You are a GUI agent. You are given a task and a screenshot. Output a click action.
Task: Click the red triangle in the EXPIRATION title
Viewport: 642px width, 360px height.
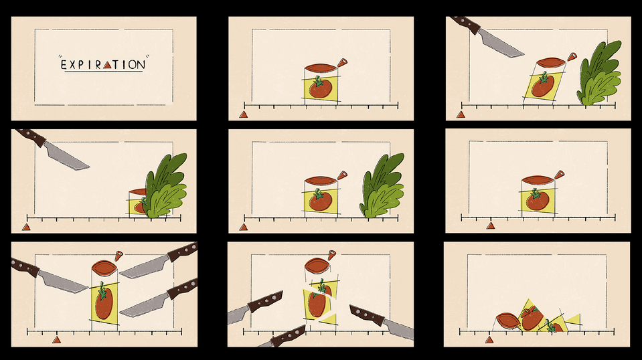coord(107,65)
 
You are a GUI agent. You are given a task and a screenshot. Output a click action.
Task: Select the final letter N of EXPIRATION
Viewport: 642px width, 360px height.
coord(141,65)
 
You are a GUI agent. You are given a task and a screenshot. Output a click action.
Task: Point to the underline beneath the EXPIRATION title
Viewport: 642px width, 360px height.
coord(104,72)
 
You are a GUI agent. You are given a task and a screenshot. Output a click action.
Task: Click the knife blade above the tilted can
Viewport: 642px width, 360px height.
coord(501,43)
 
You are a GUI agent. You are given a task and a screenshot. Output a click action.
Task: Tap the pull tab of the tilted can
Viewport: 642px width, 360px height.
coord(572,56)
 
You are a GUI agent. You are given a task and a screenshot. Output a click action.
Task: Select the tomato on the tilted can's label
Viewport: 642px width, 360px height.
coord(544,84)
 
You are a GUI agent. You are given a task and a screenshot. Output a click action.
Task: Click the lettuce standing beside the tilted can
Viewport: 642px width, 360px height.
coord(598,73)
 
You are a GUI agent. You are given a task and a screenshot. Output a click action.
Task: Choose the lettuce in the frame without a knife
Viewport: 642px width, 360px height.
coord(382,185)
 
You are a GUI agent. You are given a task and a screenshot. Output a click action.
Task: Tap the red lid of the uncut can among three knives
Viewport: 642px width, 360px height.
coord(104,268)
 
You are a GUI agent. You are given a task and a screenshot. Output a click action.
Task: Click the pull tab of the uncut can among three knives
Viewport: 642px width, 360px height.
coord(118,256)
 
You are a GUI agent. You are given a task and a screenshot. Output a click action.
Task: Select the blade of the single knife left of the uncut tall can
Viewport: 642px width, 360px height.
coord(63,282)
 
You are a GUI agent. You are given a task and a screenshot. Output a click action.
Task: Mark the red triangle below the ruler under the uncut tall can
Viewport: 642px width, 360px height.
coord(57,339)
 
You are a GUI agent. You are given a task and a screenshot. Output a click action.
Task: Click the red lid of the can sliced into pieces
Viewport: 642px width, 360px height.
coord(317,265)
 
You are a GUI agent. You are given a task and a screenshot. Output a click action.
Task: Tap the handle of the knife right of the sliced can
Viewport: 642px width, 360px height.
coord(366,315)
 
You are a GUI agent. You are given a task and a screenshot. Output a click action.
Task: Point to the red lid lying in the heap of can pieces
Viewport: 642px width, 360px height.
coord(507,321)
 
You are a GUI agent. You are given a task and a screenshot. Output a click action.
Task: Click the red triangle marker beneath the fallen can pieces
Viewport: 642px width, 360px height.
coord(489,339)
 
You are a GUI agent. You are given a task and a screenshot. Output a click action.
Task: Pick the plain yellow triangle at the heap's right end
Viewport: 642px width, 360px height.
coord(574,319)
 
